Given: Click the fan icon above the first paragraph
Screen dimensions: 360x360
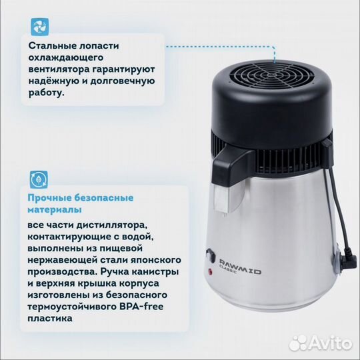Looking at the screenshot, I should (x=39, y=27).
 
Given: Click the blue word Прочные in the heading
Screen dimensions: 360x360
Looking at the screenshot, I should (x=49, y=198).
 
